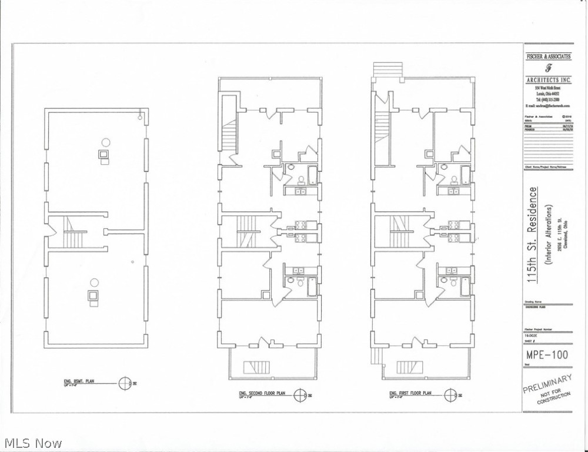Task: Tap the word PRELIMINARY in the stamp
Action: click(547, 384)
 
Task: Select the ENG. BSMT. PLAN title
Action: click(79, 382)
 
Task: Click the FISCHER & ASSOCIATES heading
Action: click(548, 56)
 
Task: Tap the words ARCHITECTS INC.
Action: click(548, 79)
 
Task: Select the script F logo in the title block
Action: click(548, 67)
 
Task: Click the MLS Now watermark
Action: click(32, 443)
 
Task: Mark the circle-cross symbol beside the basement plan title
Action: click(125, 383)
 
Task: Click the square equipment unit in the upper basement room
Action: click(104, 155)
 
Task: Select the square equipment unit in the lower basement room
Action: click(93, 296)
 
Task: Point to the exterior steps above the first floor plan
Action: click(387, 69)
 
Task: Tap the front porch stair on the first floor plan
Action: click(407, 368)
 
